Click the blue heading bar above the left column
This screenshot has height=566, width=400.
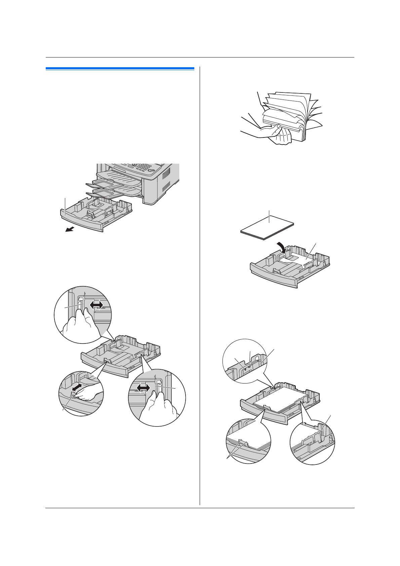click(120, 69)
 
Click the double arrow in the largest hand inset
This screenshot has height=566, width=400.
click(143, 388)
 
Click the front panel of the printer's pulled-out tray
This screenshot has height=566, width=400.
click(82, 222)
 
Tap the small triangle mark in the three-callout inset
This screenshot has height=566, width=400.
click(245, 369)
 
